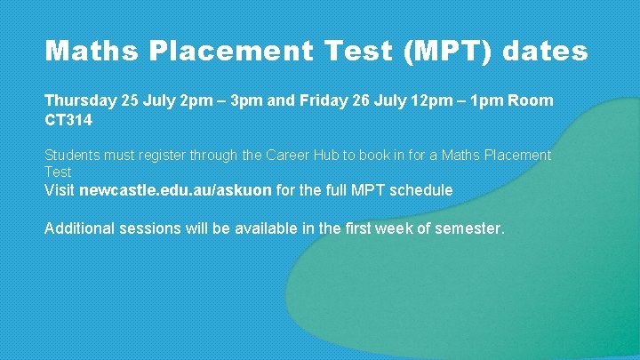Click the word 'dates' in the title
(x=545, y=51)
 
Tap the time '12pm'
(x=430, y=100)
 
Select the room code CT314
(x=68, y=118)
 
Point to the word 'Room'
(x=531, y=100)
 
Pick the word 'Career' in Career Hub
(x=289, y=156)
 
